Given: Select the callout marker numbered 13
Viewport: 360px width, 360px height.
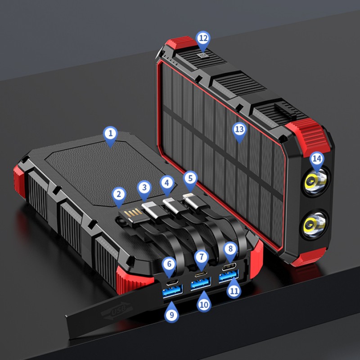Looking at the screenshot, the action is pyautogui.click(x=239, y=132).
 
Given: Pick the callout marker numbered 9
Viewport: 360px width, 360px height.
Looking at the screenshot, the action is pyautogui.click(x=172, y=312).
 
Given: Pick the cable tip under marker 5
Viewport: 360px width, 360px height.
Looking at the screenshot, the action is pyautogui.click(x=192, y=200).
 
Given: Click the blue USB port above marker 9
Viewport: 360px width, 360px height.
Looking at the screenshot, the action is pyautogui.click(x=172, y=292).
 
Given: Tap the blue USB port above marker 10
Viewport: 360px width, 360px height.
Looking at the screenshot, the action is pyautogui.click(x=201, y=283).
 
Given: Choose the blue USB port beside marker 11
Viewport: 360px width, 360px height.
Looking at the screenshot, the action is pyautogui.click(x=229, y=276).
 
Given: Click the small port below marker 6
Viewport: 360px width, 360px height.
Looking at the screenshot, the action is pyautogui.click(x=172, y=282).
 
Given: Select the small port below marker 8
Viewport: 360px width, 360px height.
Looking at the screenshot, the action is pyautogui.click(x=229, y=267).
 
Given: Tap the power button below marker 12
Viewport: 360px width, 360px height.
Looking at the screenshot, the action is pyautogui.click(x=202, y=55).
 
